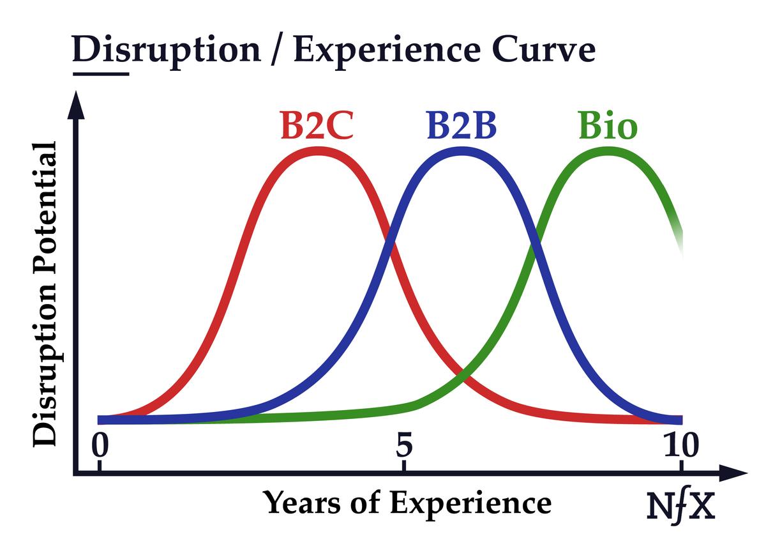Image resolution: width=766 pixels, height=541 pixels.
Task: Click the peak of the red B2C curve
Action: pyautogui.click(x=318, y=151)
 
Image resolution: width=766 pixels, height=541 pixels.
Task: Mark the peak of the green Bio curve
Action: pyautogui.click(x=607, y=151)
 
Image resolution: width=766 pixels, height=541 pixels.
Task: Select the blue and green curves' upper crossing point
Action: pyautogui.click(x=535, y=243)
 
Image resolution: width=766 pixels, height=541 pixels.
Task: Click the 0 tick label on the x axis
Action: pyautogui.click(x=98, y=445)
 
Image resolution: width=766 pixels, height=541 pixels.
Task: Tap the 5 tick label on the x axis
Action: pyautogui.click(x=403, y=445)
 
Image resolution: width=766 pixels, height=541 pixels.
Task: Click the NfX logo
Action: pyautogui.click(x=679, y=506)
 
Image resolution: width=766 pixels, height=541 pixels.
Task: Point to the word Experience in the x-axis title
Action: pyautogui.click(x=471, y=503)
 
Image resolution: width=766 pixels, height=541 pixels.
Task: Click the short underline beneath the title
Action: pyautogui.click(x=101, y=73)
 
